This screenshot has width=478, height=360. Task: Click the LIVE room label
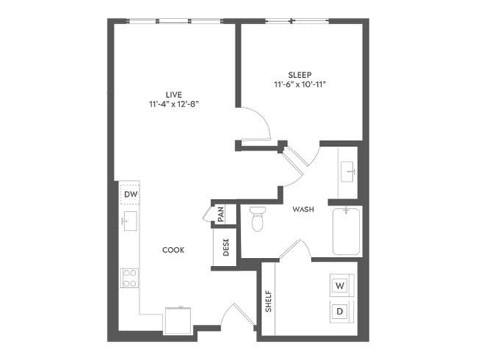pos(174,94)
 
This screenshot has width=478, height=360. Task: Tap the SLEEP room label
pos(300,75)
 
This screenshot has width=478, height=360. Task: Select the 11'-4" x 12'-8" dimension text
pos(174,104)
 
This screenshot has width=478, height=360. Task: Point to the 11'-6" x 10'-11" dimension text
pos(300,85)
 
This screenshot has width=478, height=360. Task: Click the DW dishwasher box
pos(130,193)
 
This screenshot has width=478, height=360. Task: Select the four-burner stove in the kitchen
pos(129,277)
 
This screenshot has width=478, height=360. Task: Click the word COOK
pos(174,250)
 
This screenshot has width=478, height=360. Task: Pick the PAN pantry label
pos(221,215)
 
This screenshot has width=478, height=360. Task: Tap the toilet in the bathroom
pos(257,218)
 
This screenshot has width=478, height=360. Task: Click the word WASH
pos(303,209)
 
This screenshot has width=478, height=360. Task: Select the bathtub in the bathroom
pos(346,231)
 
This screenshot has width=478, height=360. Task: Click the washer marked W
pos(340,284)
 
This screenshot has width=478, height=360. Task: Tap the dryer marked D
pos(340,311)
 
